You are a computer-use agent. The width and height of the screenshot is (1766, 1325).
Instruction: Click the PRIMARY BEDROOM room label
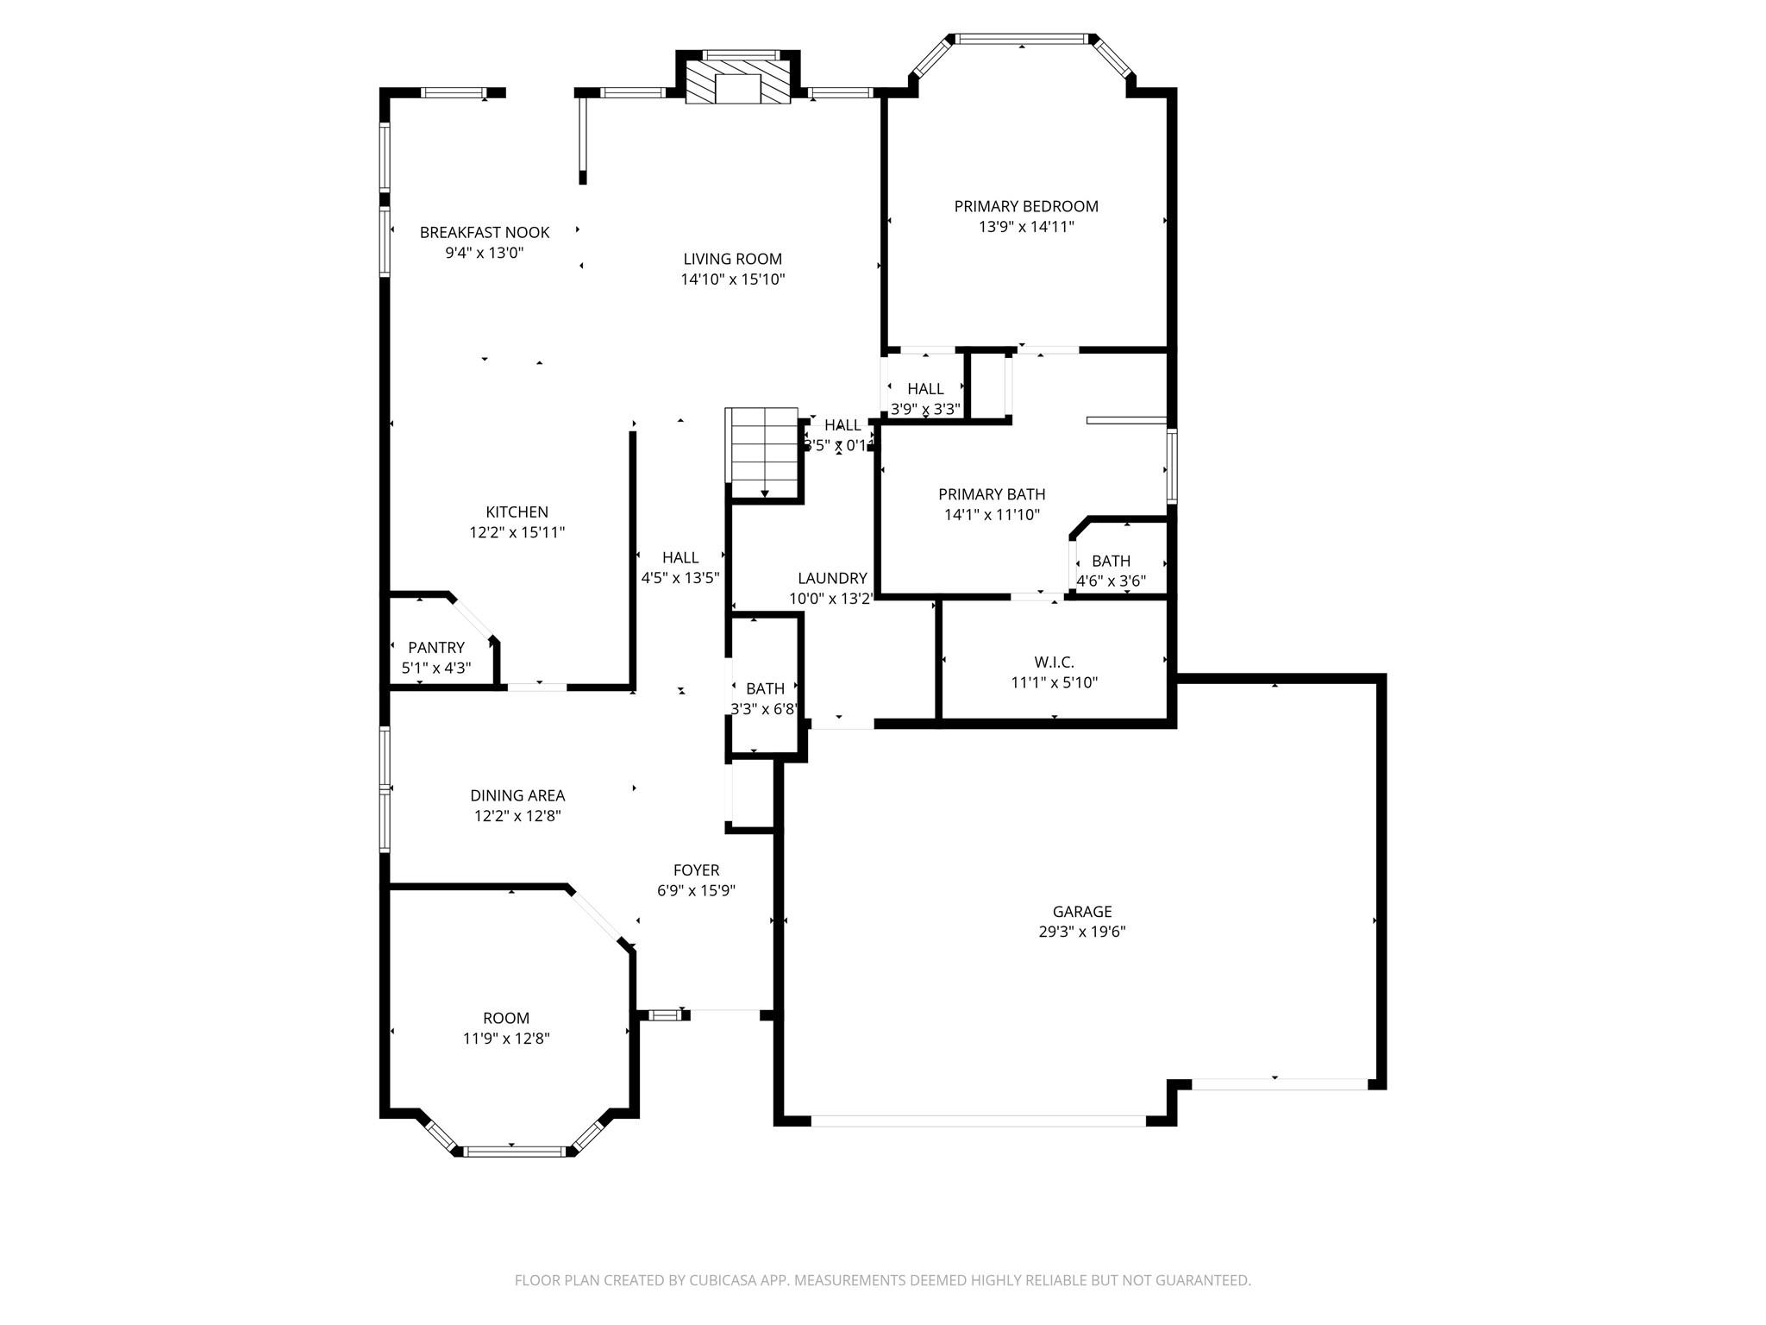1026,206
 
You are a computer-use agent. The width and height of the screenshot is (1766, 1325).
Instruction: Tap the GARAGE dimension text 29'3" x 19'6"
1082,932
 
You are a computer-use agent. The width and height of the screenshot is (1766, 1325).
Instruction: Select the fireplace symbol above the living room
738,84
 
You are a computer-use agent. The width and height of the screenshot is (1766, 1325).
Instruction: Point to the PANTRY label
436,647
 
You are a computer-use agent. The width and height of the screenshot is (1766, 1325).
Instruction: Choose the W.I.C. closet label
1054,662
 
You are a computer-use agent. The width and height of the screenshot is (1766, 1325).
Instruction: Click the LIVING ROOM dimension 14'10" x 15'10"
732,279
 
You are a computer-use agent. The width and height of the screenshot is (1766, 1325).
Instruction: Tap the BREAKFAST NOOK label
485,232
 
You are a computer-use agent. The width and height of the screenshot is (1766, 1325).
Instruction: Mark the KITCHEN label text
517,512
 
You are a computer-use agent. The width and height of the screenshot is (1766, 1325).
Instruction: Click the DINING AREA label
517,795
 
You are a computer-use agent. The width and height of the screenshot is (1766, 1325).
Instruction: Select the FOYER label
696,870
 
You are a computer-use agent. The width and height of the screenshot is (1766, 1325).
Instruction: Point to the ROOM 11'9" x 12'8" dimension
506,1039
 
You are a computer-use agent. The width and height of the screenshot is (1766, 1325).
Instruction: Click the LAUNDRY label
832,578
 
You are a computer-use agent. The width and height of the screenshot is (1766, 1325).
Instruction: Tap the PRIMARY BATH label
992,494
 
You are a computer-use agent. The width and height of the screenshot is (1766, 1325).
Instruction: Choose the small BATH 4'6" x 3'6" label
1111,561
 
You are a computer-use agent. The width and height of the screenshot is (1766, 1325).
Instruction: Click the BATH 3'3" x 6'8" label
765,688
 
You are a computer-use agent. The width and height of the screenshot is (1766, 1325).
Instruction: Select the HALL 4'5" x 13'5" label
680,557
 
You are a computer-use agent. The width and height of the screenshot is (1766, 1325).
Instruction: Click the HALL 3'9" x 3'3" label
925,389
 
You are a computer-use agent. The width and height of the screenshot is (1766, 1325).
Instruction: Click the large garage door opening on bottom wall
978,1121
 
